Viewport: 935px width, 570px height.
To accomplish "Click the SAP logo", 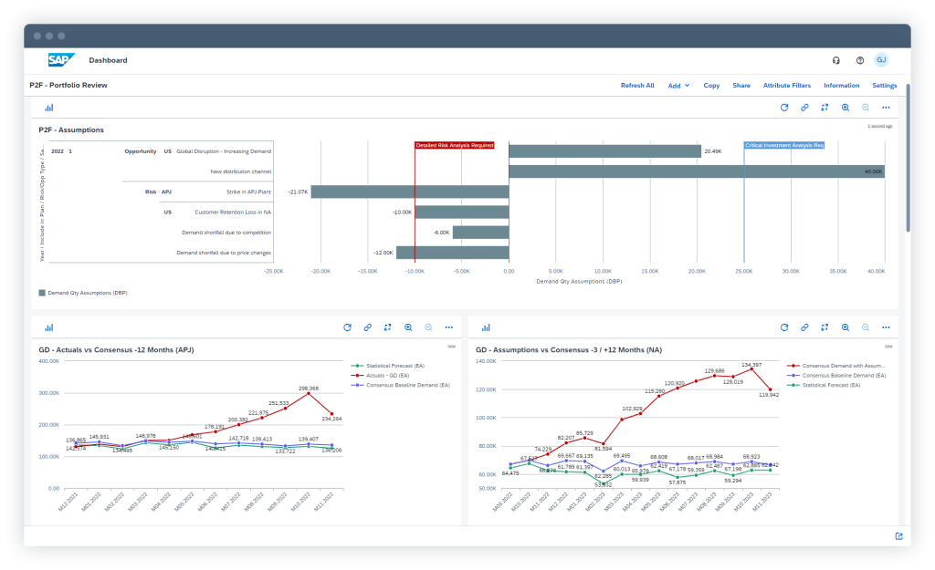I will pos(61,60).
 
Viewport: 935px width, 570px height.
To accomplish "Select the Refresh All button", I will pos(637,86).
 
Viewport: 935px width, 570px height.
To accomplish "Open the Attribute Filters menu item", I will pos(786,86).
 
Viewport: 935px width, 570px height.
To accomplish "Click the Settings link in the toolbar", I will pos(884,86).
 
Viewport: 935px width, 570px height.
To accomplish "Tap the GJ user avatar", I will pos(880,60).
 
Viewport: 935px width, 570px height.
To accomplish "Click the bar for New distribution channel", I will pos(696,171).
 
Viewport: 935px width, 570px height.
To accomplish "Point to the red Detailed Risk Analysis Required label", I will pos(454,145).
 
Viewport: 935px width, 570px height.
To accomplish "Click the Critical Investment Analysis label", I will pos(784,145).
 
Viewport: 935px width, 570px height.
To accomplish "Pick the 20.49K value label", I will pos(714,151).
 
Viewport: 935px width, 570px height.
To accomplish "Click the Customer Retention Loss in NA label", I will pos(233,212).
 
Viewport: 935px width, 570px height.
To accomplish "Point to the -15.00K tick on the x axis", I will pos(368,271).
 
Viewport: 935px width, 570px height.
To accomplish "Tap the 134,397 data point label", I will pos(751,365).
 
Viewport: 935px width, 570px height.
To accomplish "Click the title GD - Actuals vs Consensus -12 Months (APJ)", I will pos(116,349).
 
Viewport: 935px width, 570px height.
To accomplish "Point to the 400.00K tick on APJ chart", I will pos(48,361).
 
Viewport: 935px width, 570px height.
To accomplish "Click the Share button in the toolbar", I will pos(741,86).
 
